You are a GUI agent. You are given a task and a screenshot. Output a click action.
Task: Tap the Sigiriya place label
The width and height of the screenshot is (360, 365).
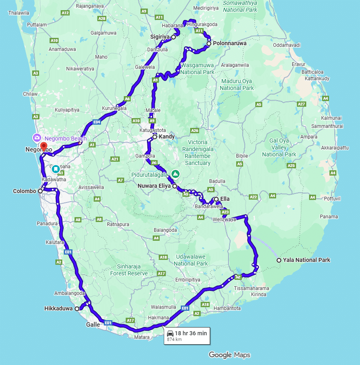160,37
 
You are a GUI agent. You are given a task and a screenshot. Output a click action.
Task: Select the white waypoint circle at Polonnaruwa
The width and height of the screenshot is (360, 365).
209,43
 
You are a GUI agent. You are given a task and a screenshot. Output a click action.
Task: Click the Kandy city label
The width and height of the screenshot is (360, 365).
167,136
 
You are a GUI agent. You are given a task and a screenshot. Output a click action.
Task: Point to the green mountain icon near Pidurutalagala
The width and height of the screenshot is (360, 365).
175,174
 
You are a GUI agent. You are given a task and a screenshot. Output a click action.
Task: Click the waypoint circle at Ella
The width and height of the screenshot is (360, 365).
216,199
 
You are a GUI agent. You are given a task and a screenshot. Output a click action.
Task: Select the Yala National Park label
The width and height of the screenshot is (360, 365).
307,260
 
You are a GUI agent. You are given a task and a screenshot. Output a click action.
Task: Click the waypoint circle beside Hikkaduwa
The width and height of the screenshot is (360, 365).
77,308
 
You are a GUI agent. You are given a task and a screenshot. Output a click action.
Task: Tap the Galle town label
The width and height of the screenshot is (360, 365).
92,325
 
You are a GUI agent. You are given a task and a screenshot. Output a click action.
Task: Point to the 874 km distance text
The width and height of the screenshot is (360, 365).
174,339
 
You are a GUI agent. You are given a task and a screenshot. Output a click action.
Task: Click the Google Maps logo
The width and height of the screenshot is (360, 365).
230,355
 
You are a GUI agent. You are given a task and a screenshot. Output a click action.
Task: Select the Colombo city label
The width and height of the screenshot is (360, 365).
25,191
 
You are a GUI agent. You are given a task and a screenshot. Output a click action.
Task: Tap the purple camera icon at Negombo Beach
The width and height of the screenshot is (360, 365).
37,138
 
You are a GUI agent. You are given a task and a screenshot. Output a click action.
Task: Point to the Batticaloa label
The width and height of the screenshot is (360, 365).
313,72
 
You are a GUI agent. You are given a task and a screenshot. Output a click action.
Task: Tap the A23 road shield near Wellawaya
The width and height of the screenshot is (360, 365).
225,212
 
